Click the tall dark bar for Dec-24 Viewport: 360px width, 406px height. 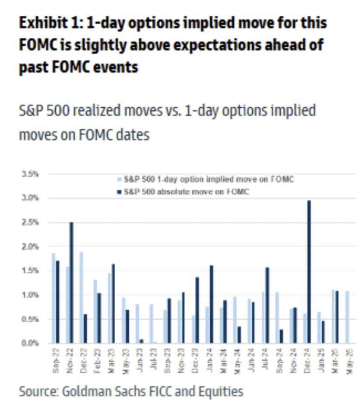[x=309, y=272]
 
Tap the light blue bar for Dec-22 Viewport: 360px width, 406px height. [x=81, y=297]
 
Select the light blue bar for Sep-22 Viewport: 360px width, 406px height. [x=53, y=298]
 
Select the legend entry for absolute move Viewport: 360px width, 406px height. [x=186, y=191]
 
